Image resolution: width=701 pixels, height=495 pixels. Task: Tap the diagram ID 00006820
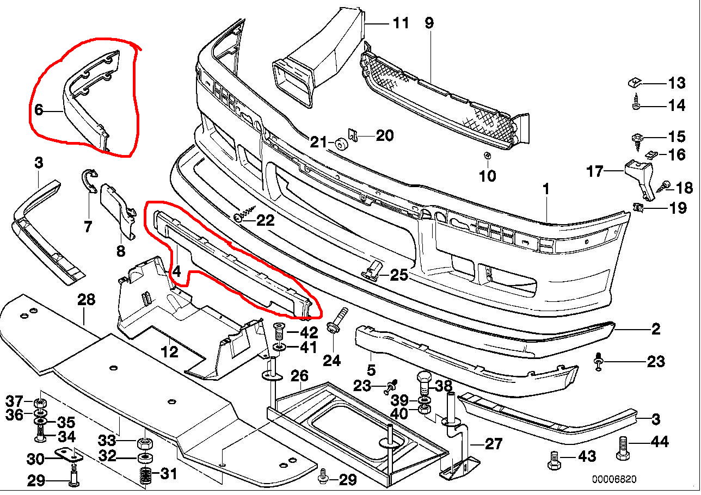[x=614, y=480]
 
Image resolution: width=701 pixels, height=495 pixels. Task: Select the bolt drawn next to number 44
[x=624, y=448]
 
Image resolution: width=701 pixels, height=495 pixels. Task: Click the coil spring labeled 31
[x=144, y=475]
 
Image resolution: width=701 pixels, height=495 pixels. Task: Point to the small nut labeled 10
[x=488, y=156]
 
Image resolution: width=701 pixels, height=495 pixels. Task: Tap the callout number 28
[x=86, y=299]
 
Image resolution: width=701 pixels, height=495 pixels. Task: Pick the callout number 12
[x=170, y=352]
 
